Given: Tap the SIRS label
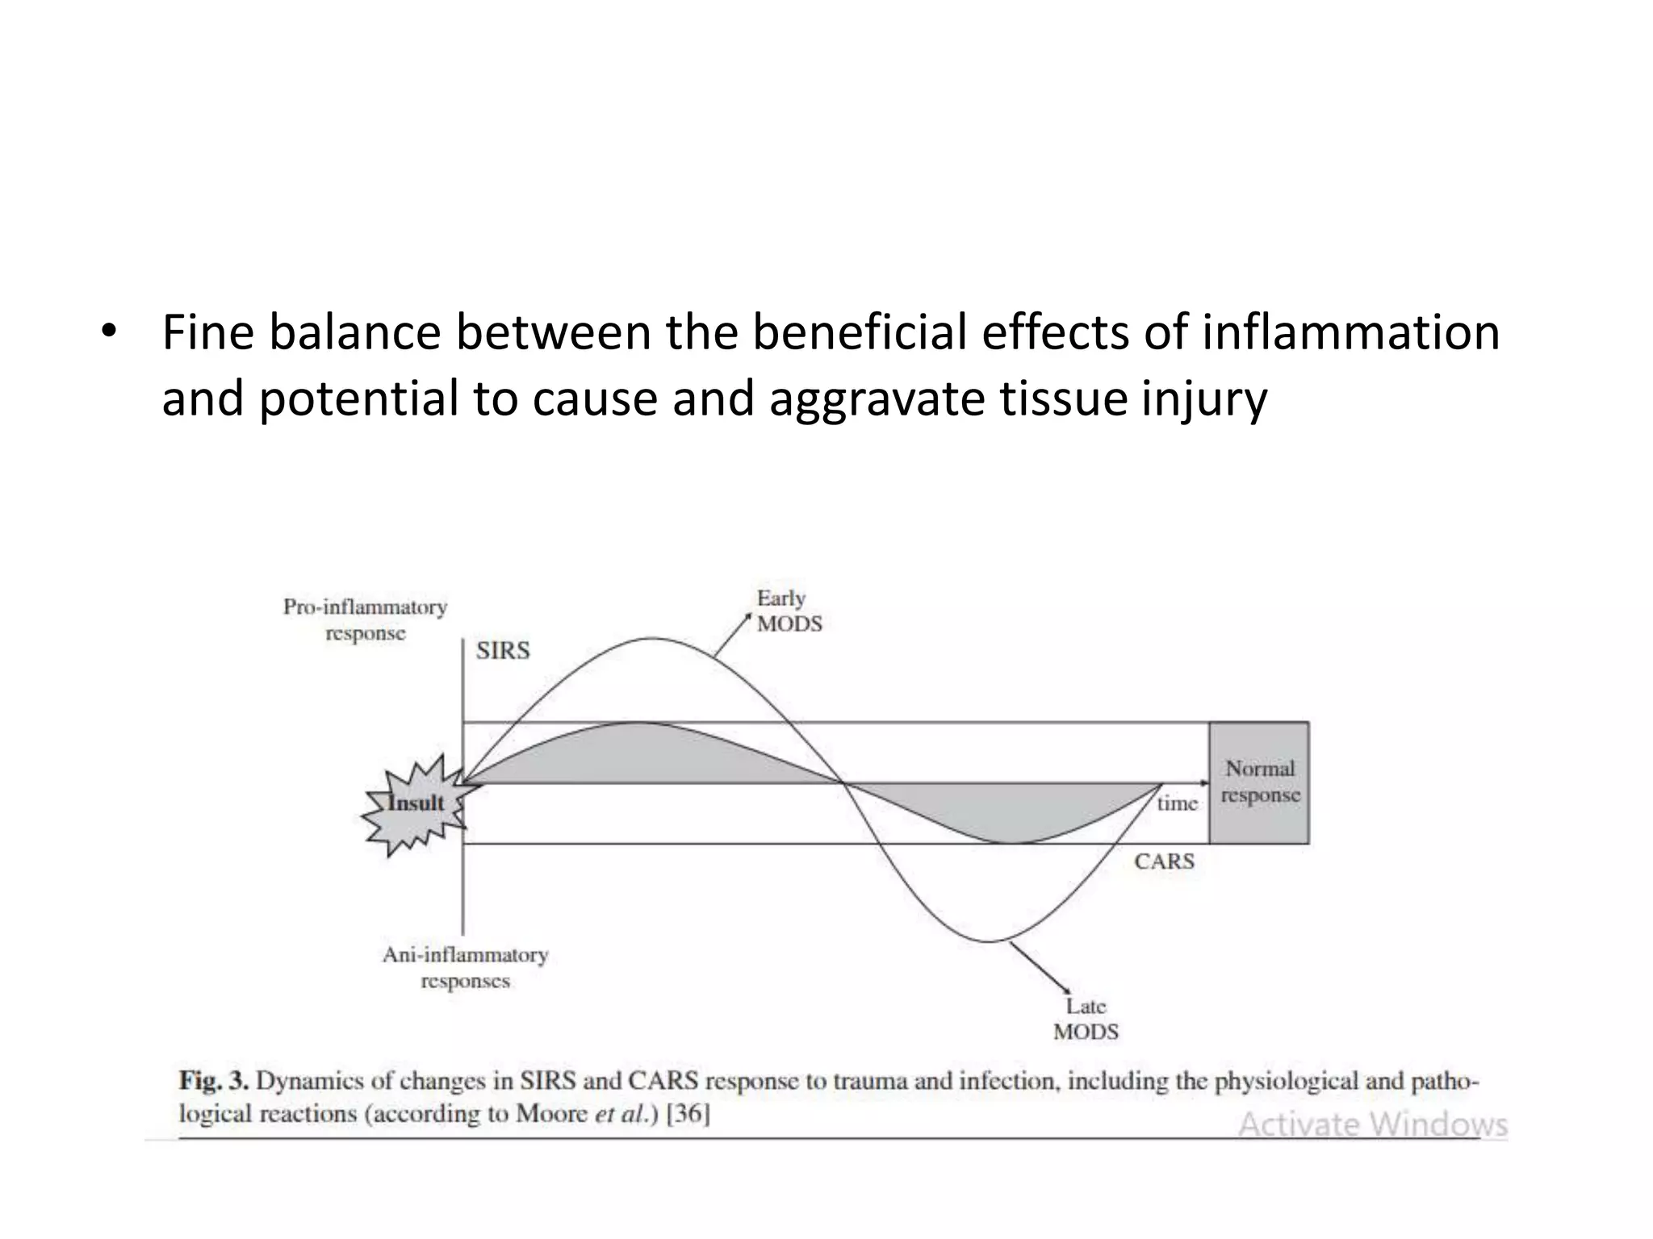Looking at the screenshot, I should pyautogui.click(x=503, y=650).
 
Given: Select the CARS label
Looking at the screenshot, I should pyautogui.click(x=1164, y=861).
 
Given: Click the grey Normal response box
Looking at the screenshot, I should pyautogui.click(x=1259, y=782).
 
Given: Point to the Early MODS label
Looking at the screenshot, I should pyautogui.click(x=788, y=611).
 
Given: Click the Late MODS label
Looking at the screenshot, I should pyautogui.click(x=1086, y=1019).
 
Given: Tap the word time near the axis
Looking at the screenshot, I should pyautogui.click(x=1177, y=803).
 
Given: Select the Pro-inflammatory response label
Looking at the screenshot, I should pyautogui.click(x=365, y=619).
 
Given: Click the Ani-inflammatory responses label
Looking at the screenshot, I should pyautogui.click(x=465, y=968).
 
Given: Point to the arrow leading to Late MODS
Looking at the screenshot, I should pyautogui.click(x=1040, y=966).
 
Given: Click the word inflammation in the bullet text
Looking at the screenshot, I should pyautogui.click(x=1350, y=332).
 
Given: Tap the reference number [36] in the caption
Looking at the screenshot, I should pyautogui.click(x=688, y=1114).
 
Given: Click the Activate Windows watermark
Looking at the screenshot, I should pyautogui.click(x=1372, y=1124).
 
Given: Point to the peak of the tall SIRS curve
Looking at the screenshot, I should pyautogui.click(x=652, y=639).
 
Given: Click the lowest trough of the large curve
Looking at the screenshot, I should pyautogui.click(x=989, y=941).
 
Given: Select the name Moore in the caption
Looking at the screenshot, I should pyautogui.click(x=551, y=1114).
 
